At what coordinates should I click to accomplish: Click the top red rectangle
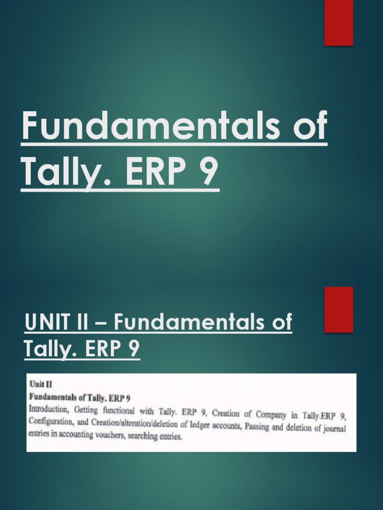tap(339, 22)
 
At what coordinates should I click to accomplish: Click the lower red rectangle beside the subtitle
tap(339, 309)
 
